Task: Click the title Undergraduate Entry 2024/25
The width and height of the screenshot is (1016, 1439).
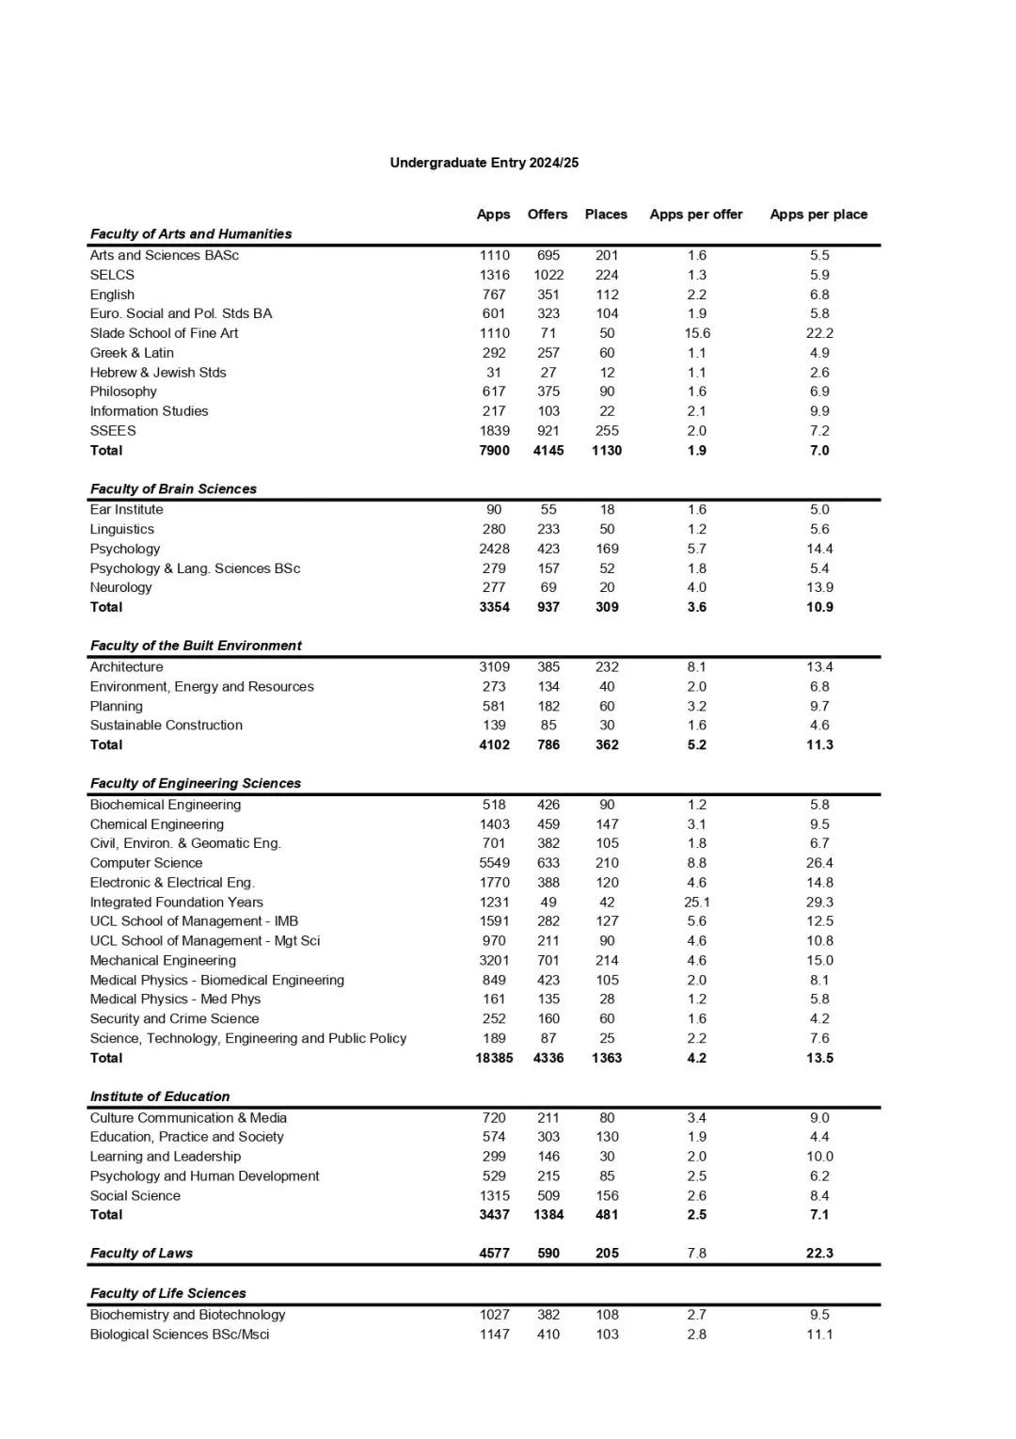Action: tap(484, 163)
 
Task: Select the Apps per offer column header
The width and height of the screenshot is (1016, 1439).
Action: tap(695, 215)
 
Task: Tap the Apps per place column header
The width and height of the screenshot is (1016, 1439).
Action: tap(818, 215)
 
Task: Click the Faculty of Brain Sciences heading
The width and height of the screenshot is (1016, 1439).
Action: tap(173, 488)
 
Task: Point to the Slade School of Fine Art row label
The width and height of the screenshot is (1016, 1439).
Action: tap(164, 333)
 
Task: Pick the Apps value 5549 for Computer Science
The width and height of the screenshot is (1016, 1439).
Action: tap(494, 863)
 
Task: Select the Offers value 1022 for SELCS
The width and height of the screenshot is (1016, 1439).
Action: tap(548, 275)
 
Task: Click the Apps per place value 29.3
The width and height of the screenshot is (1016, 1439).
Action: tap(819, 902)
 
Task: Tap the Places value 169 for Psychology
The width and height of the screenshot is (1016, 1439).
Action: tap(607, 549)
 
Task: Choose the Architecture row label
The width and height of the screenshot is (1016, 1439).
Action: tap(126, 666)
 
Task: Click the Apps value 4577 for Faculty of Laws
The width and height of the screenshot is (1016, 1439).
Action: tap(494, 1253)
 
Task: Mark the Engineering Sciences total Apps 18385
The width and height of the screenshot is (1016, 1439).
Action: tap(494, 1058)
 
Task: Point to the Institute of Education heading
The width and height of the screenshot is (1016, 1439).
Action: tap(160, 1096)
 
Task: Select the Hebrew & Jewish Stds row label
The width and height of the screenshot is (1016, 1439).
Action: tap(158, 373)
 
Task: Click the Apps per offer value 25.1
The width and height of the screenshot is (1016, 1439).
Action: tap(696, 902)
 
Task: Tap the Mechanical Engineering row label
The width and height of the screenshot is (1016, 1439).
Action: tap(163, 960)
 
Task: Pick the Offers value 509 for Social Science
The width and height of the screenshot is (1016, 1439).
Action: tap(548, 1195)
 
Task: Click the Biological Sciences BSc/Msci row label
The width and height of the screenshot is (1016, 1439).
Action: tap(179, 1334)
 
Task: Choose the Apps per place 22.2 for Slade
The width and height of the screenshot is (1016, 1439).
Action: tap(819, 333)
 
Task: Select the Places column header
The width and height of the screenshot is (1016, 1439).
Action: tap(606, 215)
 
